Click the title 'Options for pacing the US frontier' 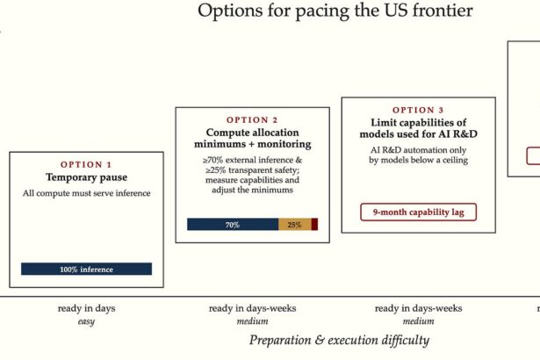tap(335, 11)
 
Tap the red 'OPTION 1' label tap(86, 165)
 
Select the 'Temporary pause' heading tap(86, 177)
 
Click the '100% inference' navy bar tap(86, 269)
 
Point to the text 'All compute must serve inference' tap(86, 193)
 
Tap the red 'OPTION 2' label tap(252, 120)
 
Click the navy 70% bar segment tap(233, 225)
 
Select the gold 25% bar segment tap(295, 225)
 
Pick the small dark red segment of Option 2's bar tap(314, 225)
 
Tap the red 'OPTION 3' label tap(419, 111)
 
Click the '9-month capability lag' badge tap(419, 212)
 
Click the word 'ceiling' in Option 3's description tap(456, 160)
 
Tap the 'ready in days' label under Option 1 tap(86, 308)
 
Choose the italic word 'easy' tap(86, 321)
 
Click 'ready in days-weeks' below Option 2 tap(252, 308)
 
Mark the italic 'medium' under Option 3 tap(419, 321)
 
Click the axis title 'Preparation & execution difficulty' tap(339, 340)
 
